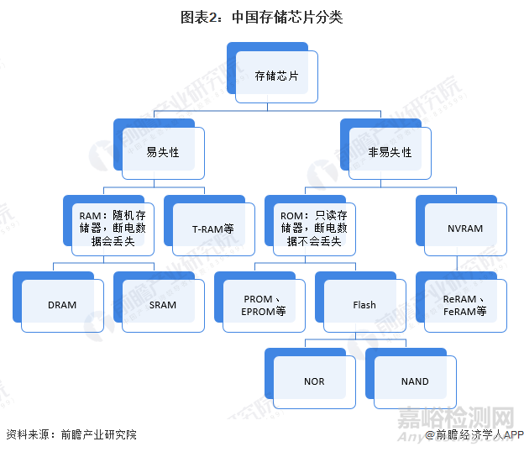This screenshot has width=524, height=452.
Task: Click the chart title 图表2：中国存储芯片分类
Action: [262, 17]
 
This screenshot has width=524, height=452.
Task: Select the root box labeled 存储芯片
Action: [276, 76]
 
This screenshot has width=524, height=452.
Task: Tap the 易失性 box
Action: [162, 152]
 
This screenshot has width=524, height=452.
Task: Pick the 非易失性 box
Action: [390, 152]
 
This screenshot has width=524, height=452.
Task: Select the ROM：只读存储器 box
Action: [313, 228]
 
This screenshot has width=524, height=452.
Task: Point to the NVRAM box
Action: [465, 229]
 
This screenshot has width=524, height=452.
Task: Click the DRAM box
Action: [61, 305]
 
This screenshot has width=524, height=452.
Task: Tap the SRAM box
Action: [162, 305]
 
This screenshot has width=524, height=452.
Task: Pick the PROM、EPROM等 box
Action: [264, 305]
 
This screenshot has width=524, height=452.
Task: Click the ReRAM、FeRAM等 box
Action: [465, 305]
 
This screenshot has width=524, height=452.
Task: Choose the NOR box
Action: [314, 381]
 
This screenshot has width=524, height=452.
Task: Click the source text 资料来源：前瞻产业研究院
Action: [71, 434]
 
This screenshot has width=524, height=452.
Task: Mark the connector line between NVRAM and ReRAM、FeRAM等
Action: [458, 265]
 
